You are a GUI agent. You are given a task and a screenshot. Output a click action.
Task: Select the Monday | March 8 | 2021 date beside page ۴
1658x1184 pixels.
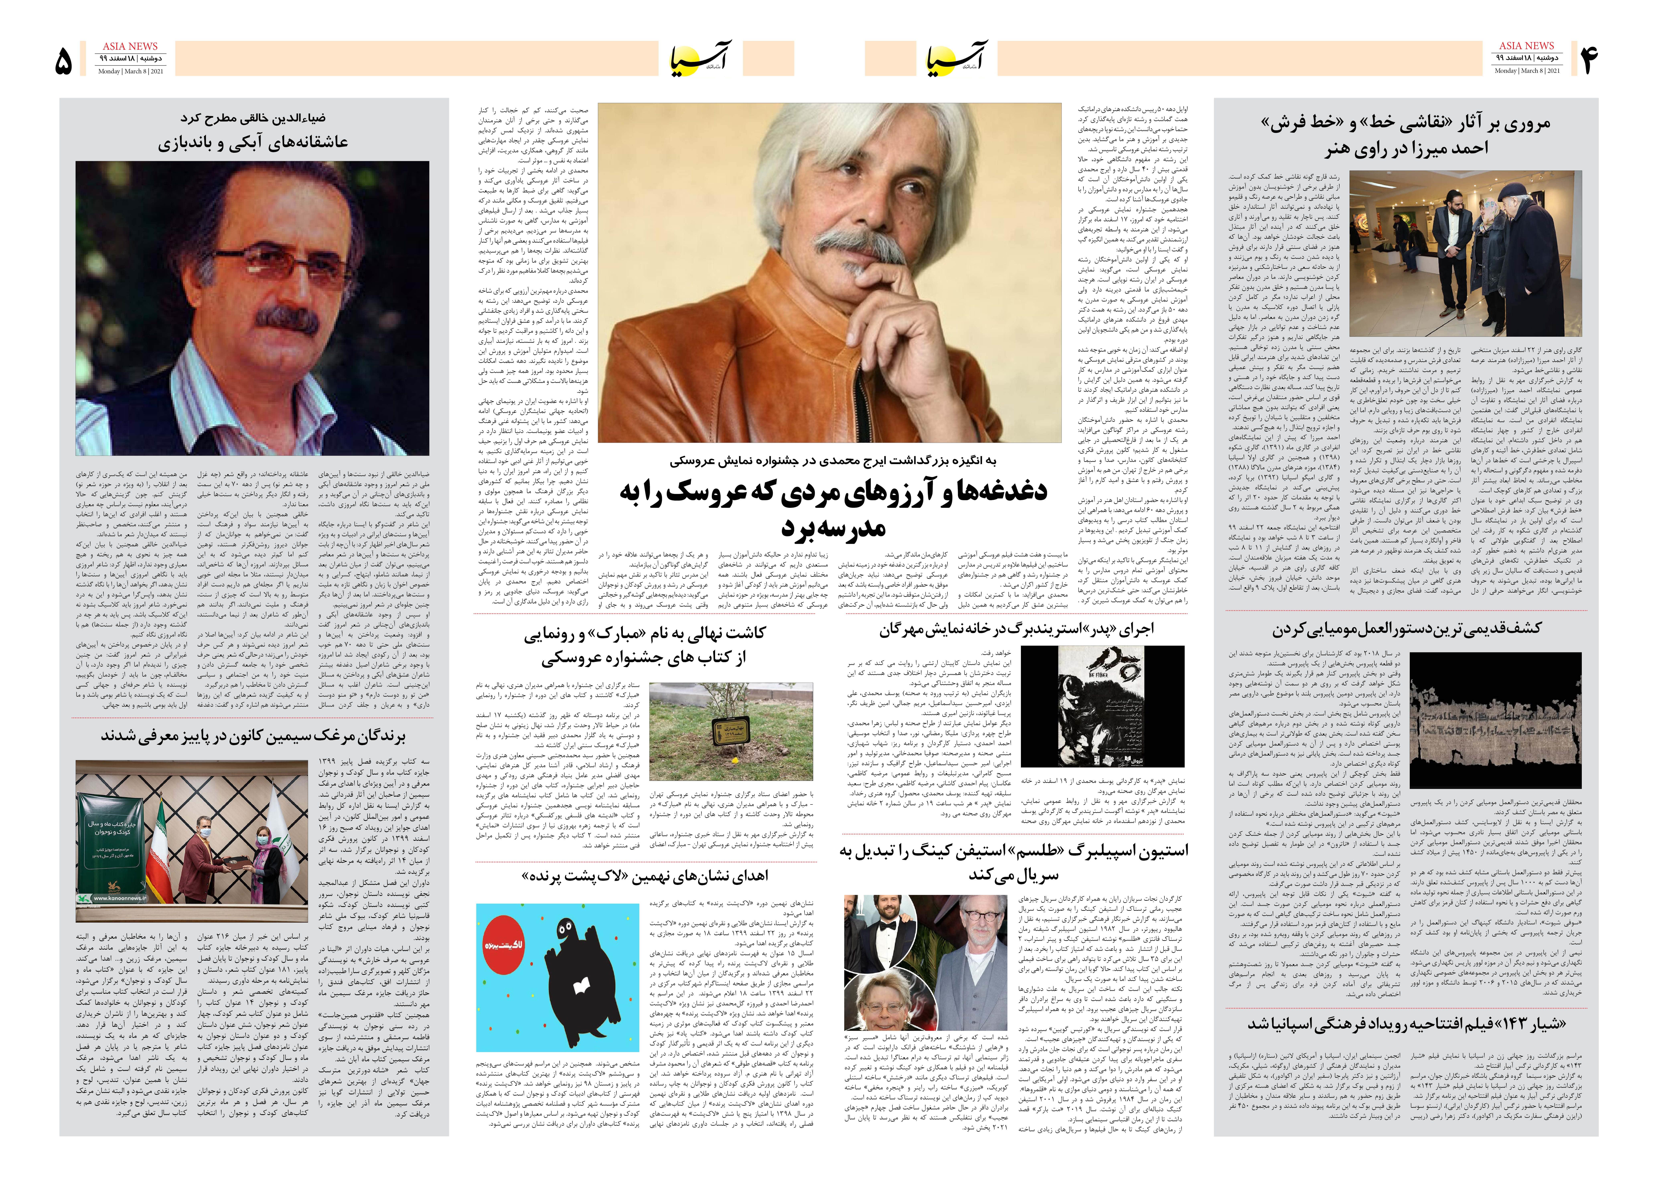point(1527,71)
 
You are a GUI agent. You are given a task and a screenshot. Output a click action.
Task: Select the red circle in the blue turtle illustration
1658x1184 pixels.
point(504,945)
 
